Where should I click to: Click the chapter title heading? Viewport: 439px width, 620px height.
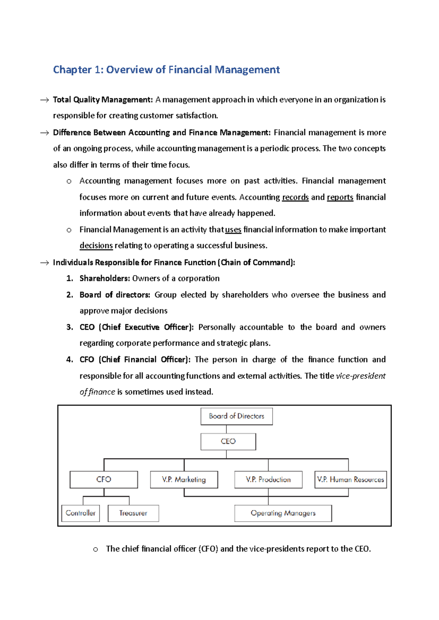click(x=166, y=69)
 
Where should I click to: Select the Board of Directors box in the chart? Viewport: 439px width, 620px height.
click(x=236, y=416)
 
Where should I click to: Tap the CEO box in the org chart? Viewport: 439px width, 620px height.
click(x=228, y=441)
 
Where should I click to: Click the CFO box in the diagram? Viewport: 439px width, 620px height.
click(x=104, y=479)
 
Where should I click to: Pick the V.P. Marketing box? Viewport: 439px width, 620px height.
click(x=184, y=479)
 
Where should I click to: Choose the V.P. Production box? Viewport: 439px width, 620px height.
click(x=268, y=479)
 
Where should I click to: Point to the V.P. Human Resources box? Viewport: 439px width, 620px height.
click(x=350, y=479)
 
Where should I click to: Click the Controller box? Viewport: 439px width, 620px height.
click(x=80, y=513)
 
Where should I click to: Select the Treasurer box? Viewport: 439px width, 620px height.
click(x=133, y=513)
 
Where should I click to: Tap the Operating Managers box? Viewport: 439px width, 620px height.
click(x=283, y=513)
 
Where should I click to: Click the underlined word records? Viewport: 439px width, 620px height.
click(x=295, y=197)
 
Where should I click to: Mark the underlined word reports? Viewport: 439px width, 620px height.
click(x=340, y=197)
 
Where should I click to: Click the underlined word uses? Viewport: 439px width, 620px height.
click(x=233, y=230)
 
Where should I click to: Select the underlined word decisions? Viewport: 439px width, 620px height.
click(x=96, y=246)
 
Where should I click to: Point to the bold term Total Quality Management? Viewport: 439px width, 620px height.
click(x=102, y=100)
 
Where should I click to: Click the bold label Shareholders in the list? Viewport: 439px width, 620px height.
click(x=104, y=279)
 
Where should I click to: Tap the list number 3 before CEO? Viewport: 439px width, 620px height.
click(x=70, y=327)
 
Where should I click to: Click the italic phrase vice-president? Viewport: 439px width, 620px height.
click(x=360, y=376)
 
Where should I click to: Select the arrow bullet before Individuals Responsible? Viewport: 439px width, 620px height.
click(x=44, y=263)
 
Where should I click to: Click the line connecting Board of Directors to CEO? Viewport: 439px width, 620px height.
click(x=226, y=429)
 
